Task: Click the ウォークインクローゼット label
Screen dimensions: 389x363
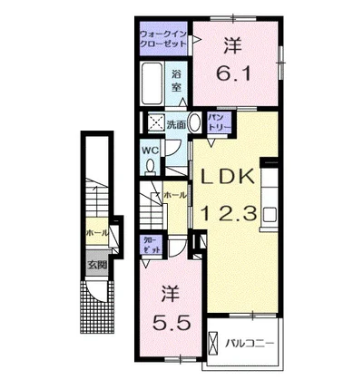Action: (x=162, y=39)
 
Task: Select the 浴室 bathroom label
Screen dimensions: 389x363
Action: (x=178, y=79)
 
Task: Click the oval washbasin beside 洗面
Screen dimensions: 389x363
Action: (x=195, y=125)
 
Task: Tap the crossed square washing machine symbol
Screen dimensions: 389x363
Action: (x=155, y=123)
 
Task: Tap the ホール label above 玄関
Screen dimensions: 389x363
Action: (x=97, y=233)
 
